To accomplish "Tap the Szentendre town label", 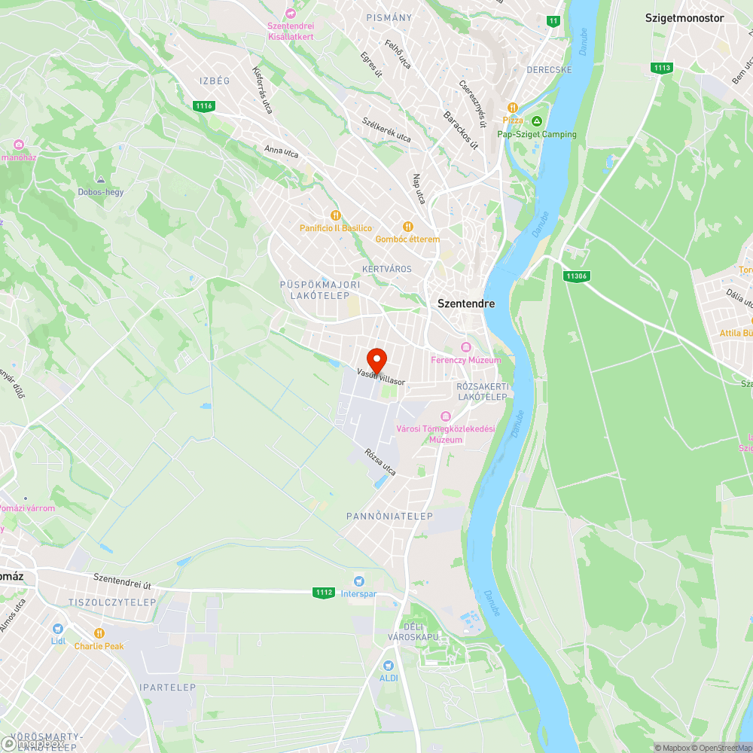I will pos(466,303).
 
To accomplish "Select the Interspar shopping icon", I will pos(358,581).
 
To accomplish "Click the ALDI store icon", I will pos(389,665).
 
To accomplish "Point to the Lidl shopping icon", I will pos(58,628).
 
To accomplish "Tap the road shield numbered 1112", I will pos(324,593).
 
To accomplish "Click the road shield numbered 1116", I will pos(203,106).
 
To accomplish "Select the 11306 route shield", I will pos(575,276).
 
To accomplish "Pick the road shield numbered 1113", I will pos(661,68).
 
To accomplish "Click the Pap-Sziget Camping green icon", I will pos(537,121).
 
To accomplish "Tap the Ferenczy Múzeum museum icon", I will pos(465,347).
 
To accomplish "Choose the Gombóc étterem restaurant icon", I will pos(408,226).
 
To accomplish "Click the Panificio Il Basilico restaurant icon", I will pos(336,215).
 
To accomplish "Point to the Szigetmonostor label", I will pos(684,18).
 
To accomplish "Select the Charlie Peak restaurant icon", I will pos(99,633).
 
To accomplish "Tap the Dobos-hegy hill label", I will pos(100,192).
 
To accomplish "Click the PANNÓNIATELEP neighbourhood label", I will pos(389,517).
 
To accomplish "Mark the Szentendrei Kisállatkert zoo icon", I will pos(291,13).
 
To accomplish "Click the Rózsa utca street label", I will pos(380,462).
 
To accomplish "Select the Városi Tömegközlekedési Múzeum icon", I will pos(445,416).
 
